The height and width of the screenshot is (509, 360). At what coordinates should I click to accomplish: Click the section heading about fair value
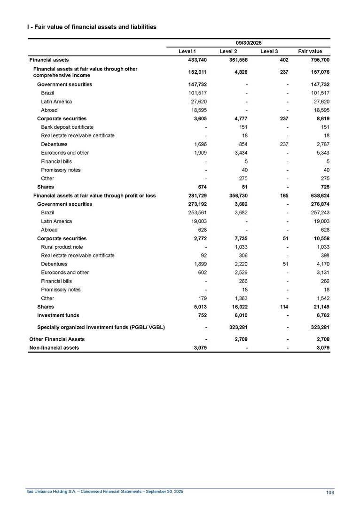click(x=92, y=27)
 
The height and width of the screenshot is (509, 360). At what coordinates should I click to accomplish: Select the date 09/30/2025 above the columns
click(x=249, y=43)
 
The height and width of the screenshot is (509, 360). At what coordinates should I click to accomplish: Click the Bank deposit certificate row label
click(x=67, y=127)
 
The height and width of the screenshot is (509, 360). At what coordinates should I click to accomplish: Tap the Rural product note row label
click(x=62, y=247)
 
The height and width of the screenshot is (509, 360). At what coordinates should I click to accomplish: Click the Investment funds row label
click(x=58, y=315)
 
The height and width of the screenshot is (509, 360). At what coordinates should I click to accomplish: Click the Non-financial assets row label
click(x=54, y=348)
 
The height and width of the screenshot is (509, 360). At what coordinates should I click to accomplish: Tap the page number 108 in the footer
click(x=330, y=493)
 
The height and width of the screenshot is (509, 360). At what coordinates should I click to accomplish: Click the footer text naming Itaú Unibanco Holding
click(x=104, y=491)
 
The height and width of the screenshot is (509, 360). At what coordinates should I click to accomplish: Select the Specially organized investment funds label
click(x=101, y=327)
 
